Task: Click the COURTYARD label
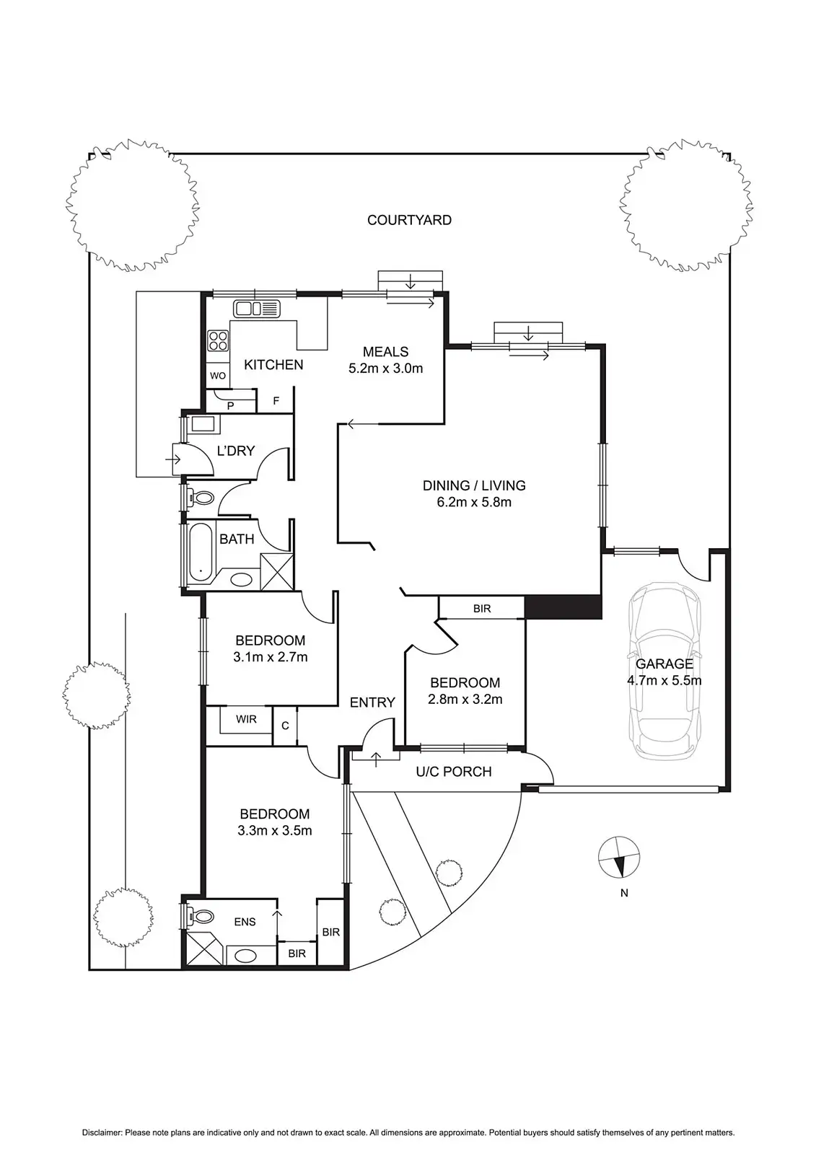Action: click(409, 220)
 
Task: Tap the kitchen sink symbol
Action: click(257, 309)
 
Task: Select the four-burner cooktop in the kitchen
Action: click(218, 340)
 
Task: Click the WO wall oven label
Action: click(218, 376)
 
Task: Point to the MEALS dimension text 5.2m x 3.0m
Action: click(385, 369)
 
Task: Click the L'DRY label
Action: click(236, 451)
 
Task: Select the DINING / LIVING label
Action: click(474, 485)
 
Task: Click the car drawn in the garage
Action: click(664, 671)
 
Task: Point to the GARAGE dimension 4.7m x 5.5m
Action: click(664, 681)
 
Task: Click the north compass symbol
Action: click(618, 858)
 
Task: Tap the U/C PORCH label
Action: click(454, 771)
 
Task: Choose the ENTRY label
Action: click(372, 702)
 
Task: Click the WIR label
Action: click(246, 719)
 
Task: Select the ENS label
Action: click(245, 922)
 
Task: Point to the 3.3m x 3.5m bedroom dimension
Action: click(275, 830)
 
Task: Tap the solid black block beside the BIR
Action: click(563, 607)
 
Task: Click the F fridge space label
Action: click(276, 400)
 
